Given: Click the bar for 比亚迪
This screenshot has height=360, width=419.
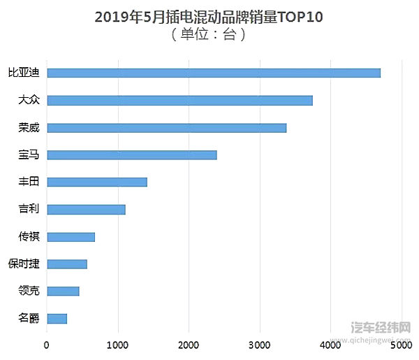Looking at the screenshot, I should pyautogui.click(x=214, y=73).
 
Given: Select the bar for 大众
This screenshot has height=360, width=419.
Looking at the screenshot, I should pyautogui.click(x=179, y=100).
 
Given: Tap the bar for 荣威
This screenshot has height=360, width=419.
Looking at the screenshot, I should pyautogui.click(x=166, y=127).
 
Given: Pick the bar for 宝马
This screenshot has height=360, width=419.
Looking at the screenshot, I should pyautogui.click(x=132, y=154).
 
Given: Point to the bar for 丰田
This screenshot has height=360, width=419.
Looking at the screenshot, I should pyautogui.click(x=97, y=182).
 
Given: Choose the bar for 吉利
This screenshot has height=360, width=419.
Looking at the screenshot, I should pyautogui.click(x=86, y=209).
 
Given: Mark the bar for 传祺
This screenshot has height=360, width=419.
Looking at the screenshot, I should pyautogui.click(x=71, y=236).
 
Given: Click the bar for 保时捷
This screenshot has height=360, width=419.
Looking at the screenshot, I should pyautogui.click(x=67, y=264).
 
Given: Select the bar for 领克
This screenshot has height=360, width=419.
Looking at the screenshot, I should pyautogui.click(x=63, y=291).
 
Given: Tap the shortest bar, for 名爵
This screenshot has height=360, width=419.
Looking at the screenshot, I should pyautogui.click(x=57, y=318).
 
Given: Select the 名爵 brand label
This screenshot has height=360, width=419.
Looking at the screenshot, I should pyautogui.click(x=28, y=318).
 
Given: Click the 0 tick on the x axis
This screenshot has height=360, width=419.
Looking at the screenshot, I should pyautogui.click(x=47, y=344).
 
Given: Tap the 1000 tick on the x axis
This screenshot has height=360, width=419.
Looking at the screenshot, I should pyautogui.click(x=118, y=344).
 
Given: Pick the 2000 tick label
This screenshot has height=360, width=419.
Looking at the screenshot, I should pyautogui.click(x=189, y=344).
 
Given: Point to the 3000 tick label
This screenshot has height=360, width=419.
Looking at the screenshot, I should pyautogui.click(x=260, y=344).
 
